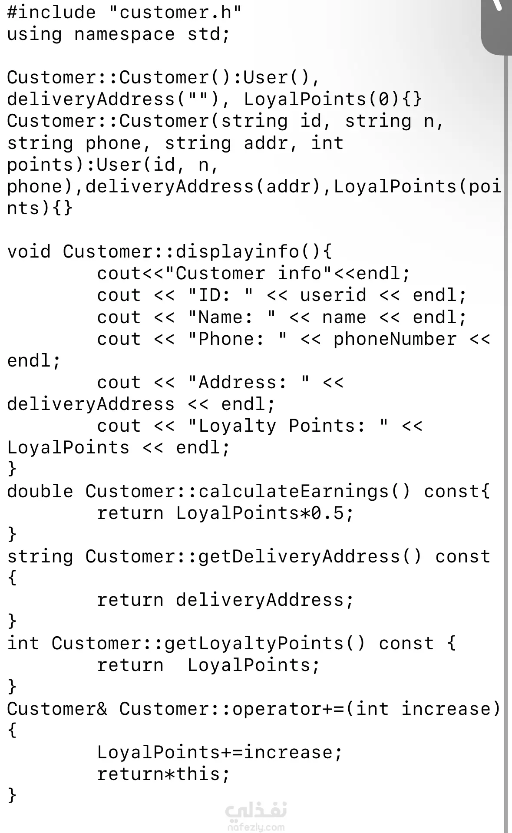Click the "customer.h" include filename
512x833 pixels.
pos(175,12)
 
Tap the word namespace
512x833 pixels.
pos(124,34)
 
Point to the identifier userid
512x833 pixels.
pos(333,295)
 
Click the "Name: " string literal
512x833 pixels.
pos(231,317)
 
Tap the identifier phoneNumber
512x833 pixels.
pos(395,339)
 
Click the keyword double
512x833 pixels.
pos(40,491)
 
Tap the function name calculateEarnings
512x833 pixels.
pos(294,491)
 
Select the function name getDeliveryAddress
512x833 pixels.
pos(299,557)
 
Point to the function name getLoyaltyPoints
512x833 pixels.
pos(254,644)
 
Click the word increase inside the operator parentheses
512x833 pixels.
pos(446,709)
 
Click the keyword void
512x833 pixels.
pos(29,252)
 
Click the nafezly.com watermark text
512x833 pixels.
pos(256,826)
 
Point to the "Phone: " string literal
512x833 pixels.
pos(237,339)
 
